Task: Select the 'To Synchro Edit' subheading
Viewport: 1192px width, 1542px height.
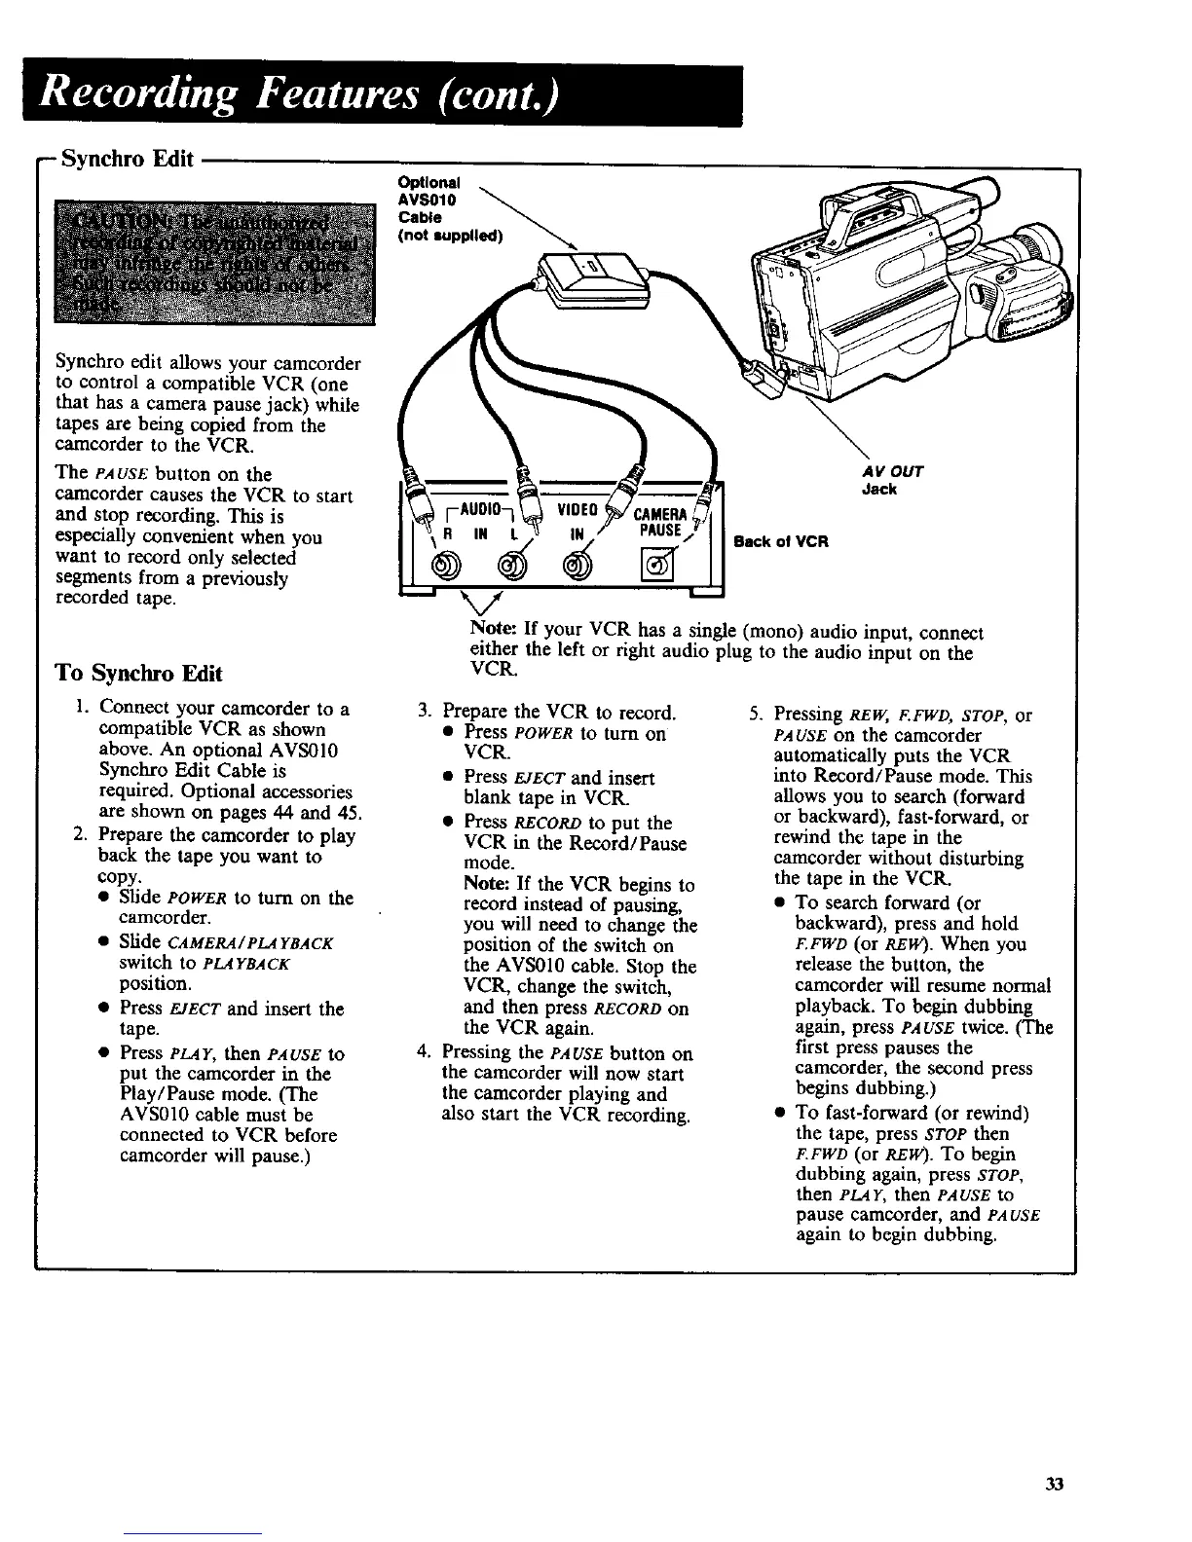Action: pyautogui.click(x=139, y=673)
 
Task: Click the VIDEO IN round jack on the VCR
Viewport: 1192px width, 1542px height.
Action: pyautogui.click(x=577, y=564)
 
